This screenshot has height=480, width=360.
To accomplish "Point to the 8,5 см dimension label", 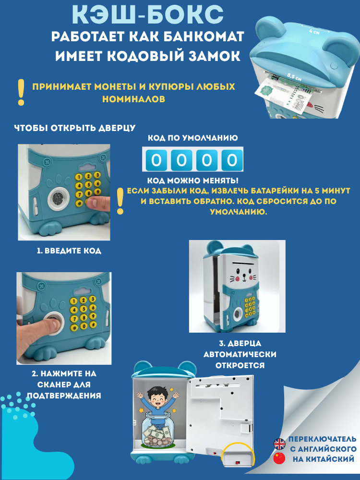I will click(x=294, y=76).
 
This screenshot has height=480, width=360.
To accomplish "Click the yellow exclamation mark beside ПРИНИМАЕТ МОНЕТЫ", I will click(x=21, y=92).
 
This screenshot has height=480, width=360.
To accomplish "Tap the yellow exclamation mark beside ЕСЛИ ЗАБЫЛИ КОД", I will click(x=120, y=202).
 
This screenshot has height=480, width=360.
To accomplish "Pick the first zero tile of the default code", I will click(x=156, y=159).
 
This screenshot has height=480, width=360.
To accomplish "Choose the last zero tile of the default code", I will click(x=232, y=159).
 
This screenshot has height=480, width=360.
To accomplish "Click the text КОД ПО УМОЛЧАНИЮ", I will click(x=192, y=138).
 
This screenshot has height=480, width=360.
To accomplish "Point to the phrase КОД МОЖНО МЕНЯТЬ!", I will click(x=192, y=180).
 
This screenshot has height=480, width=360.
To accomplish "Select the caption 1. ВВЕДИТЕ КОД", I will click(x=69, y=251).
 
